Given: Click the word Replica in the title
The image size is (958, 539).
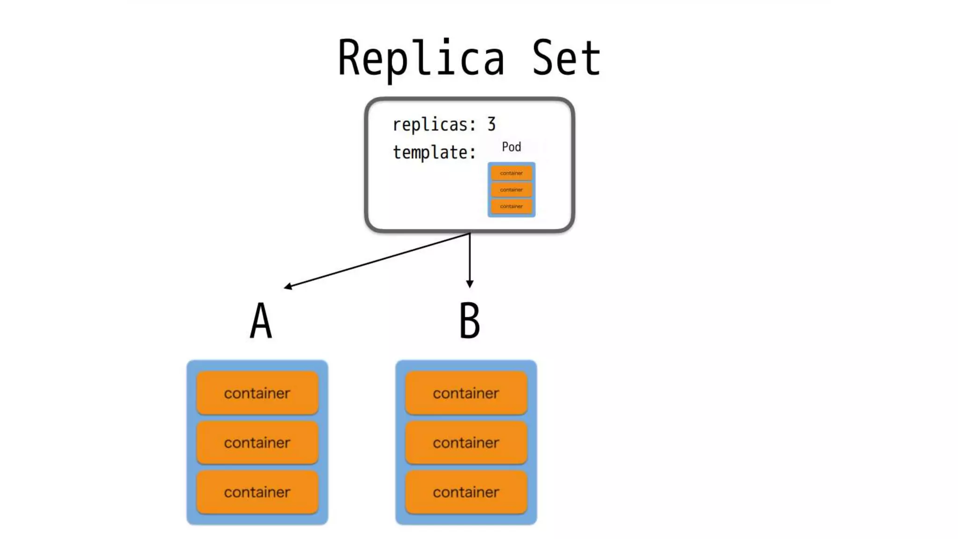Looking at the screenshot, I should (421, 58).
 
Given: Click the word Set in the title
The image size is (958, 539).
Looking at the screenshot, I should (566, 58).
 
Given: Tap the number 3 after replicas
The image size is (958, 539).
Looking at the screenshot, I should (491, 124).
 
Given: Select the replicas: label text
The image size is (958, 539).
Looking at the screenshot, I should (434, 125).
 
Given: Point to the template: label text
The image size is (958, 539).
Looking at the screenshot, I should (434, 153).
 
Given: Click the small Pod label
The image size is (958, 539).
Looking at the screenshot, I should (511, 147).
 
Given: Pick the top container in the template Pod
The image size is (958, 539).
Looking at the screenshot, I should (511, 173).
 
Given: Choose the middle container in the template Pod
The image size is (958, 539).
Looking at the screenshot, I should (511, 189).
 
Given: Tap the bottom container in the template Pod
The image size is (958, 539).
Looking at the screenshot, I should (511, 206).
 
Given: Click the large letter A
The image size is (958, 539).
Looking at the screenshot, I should (261, 320).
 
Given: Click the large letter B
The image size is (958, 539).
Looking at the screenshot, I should (470, 320).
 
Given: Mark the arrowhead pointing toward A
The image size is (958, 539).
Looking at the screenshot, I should (288, 286).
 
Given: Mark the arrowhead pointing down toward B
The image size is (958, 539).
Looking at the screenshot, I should (470, 284).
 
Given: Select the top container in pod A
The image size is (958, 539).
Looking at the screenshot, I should (257, 393).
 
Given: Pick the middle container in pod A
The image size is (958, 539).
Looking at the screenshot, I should (257, 443).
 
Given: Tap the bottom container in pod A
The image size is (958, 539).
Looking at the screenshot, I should (257, 492).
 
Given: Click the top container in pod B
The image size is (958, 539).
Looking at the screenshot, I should (466, 393).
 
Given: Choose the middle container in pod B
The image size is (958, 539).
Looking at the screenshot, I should (466, 443).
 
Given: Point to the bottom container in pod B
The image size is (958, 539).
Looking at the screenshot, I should (466, 492).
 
